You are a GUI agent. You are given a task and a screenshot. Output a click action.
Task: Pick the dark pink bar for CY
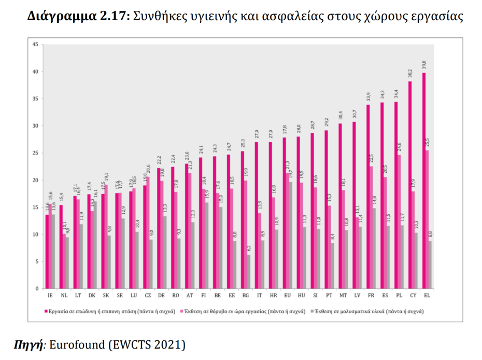coord(410,185)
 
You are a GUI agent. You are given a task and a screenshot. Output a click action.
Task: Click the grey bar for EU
coord(290,235)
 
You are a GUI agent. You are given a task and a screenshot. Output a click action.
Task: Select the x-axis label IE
coord(50,296)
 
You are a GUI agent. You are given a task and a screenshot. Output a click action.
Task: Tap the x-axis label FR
coord(371,296)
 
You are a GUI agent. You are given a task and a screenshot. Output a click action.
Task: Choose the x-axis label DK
coord(92,296)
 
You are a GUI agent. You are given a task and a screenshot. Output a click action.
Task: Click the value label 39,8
coord(424,65)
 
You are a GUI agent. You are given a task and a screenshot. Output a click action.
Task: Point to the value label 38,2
coord(410,74)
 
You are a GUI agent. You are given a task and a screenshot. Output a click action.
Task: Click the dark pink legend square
coord(44,312)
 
